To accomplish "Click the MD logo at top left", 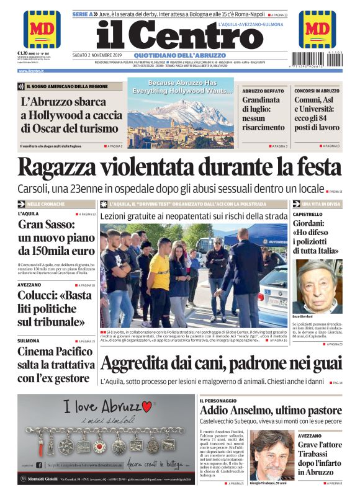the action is [42, 29].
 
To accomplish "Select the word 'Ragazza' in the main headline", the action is [60, 168].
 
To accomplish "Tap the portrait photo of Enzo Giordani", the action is [318, 286].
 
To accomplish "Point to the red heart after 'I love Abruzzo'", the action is [147, 407].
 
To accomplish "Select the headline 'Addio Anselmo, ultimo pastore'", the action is [270, 411].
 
